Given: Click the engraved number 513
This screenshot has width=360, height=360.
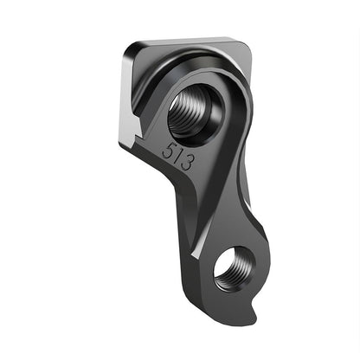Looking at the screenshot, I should pos(177,156).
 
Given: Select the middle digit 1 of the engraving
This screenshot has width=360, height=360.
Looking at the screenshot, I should pos(177,157).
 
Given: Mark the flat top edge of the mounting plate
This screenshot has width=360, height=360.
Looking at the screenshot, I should pos(190,40).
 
